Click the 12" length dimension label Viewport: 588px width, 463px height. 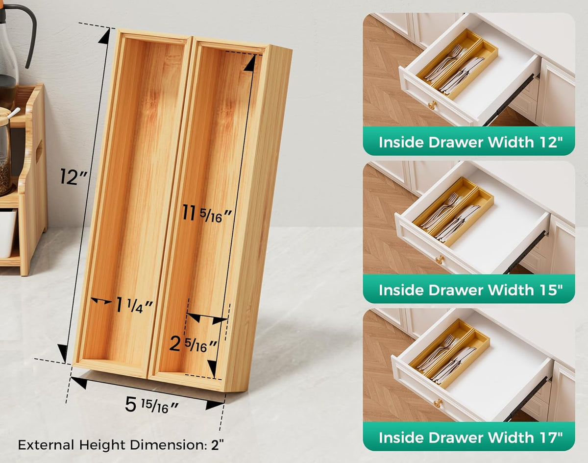point(73,176)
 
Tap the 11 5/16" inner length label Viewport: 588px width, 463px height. point(207,214)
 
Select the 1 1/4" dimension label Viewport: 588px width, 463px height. point(134,305)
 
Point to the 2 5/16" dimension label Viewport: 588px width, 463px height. point(193,344)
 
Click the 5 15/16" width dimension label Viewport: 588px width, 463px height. point(152,405)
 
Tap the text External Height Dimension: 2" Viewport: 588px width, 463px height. point(121,445)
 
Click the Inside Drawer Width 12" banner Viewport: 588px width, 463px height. point(469,141)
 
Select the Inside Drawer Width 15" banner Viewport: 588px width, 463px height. point(469,289)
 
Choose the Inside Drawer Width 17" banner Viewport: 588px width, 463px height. point(469,437)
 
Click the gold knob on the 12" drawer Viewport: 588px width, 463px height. point(432,105)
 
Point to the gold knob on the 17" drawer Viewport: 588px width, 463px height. point(438,403)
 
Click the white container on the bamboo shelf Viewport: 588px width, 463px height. point(7,233)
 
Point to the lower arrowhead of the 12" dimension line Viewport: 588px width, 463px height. point(63,353)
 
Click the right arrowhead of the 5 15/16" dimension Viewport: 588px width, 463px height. point(215,405)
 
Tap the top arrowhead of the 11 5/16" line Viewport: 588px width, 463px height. point(250,63)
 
